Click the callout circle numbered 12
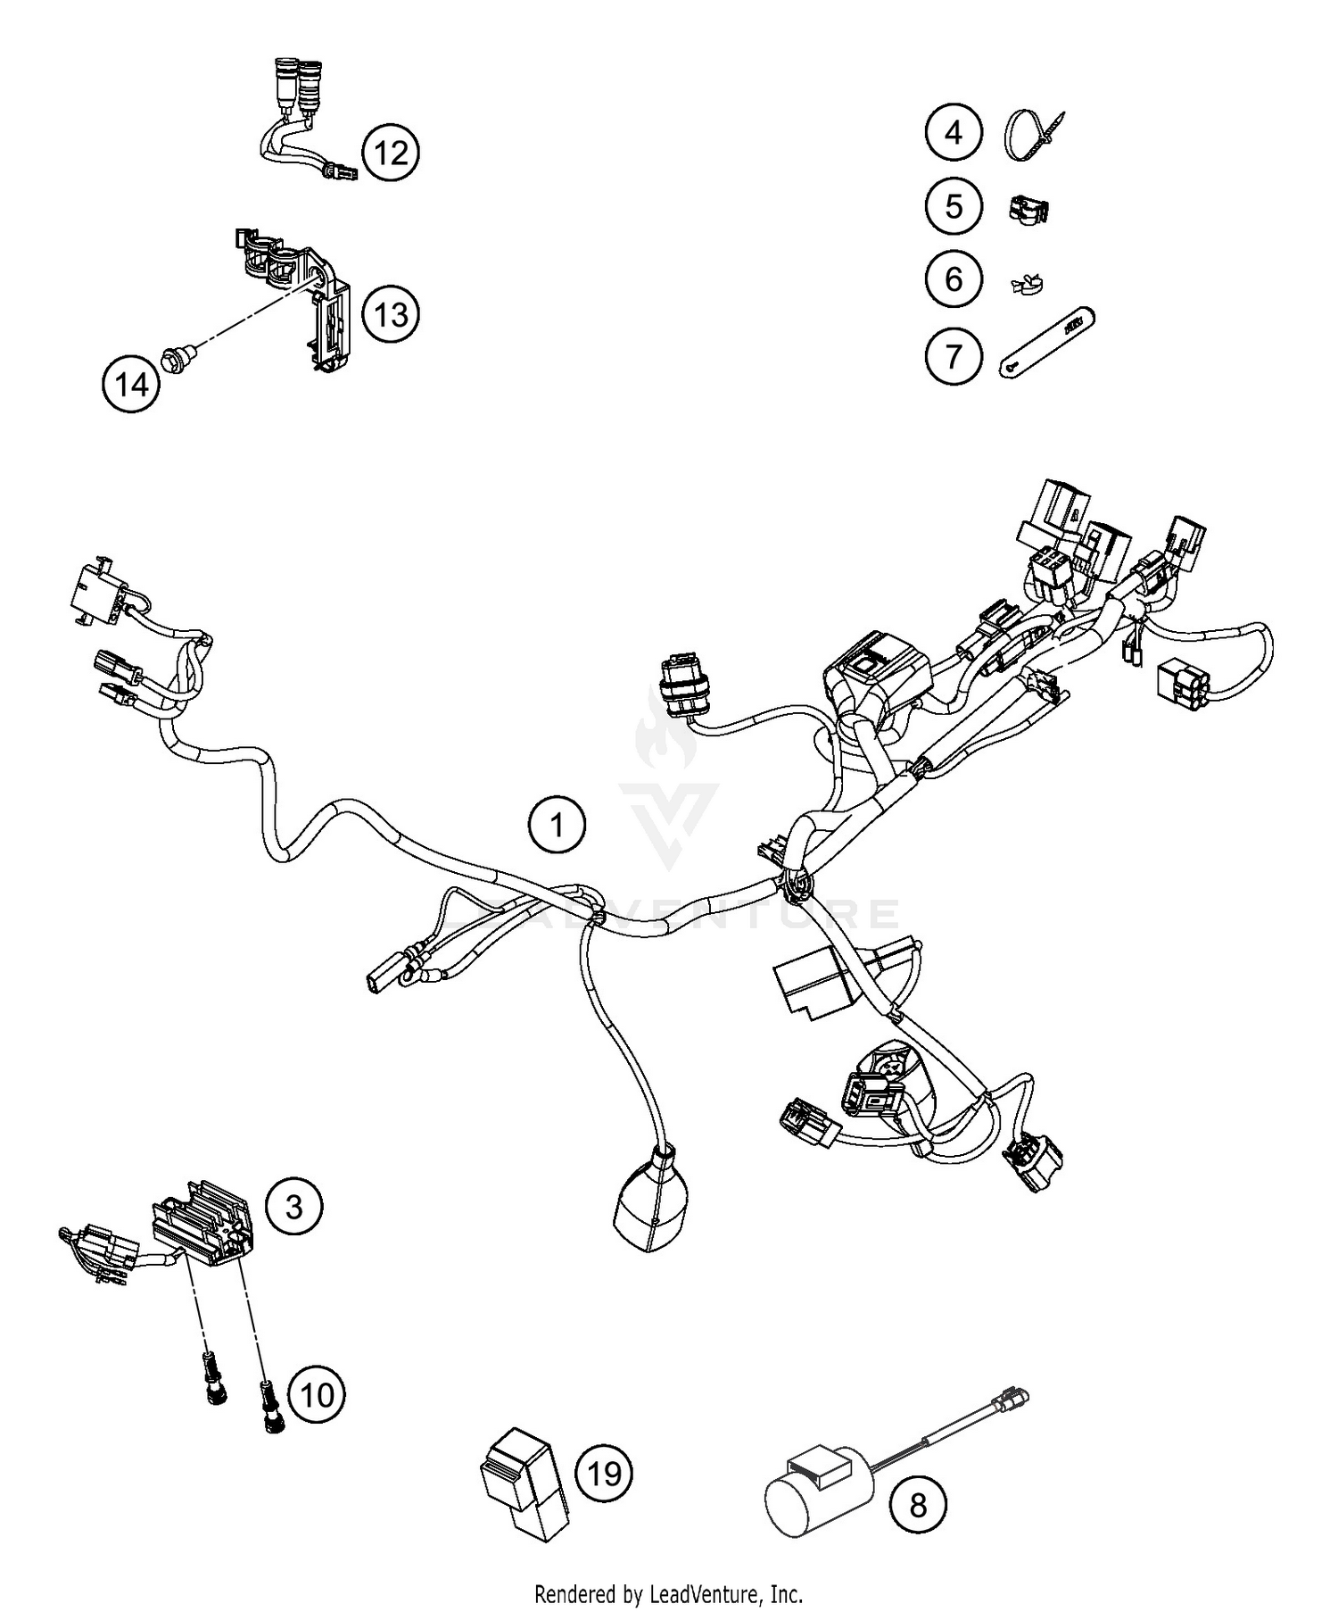click(391, 153)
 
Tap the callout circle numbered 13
click(391, 314)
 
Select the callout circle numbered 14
click(131, 384)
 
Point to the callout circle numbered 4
click(953, 133)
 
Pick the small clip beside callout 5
click(1028, 209)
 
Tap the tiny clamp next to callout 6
click(1027, 285)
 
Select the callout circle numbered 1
click(557, 826)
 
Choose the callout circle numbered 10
click(316, 1394)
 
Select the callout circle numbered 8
click(917, 1506)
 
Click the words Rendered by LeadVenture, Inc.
click(668, 1591)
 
